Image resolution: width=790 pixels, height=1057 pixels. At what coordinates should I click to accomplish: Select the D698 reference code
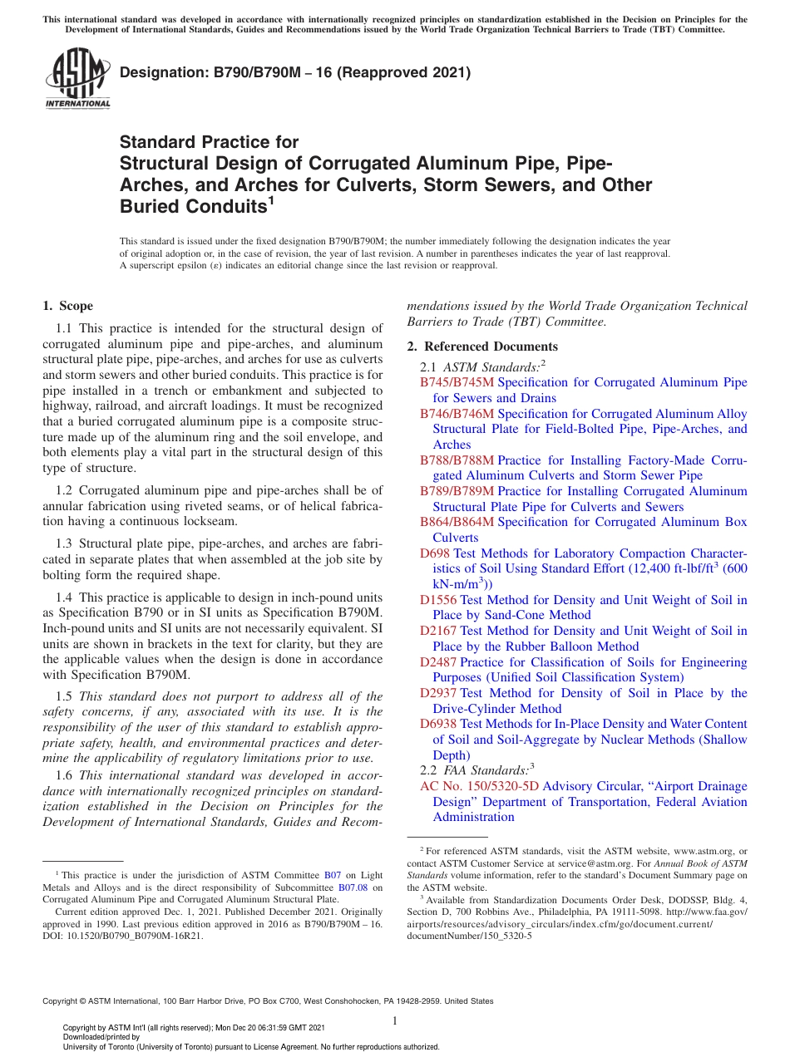tap(435, 553)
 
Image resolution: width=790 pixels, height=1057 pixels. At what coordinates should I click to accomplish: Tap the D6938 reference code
tap(438, 725)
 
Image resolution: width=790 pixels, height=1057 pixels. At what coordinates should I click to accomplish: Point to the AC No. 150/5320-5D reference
tap(479, 786)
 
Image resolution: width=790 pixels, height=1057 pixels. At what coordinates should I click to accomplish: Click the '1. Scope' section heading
tap(67, 306)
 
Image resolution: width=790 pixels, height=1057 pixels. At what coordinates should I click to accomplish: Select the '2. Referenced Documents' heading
tap(482, 347)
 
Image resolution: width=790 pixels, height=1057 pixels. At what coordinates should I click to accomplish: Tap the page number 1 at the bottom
tap(395, 1020)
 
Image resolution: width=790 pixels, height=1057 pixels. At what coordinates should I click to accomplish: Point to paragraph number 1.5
tap(65, 696)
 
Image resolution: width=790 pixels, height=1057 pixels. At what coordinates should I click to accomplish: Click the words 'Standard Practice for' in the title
tap(209, 142)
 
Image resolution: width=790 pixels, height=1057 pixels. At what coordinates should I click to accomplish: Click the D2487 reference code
tap(438, 662)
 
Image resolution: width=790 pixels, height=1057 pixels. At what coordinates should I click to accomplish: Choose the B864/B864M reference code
tap(457, 523)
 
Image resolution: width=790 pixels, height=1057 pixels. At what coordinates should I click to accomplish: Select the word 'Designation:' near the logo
tap(159, 73)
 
